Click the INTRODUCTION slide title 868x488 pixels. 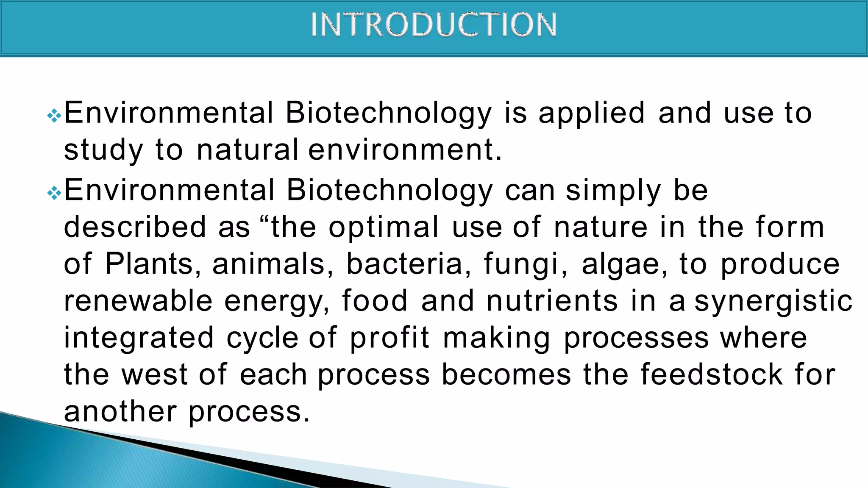[x=434, y=25]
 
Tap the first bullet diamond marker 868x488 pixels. [x=54, y=115]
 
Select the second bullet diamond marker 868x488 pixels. [x=54, y=193]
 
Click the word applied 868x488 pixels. [x=592, y=114]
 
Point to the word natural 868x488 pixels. [x=248, y=150]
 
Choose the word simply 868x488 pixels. [x=613, y=191]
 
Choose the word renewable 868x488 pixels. [x=138, y=301]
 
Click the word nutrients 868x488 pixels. [x=552, y=301]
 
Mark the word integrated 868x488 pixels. [x=139, y=338]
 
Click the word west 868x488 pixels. [x=154, y=375]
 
